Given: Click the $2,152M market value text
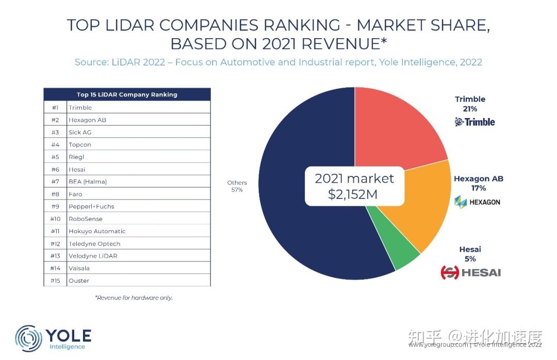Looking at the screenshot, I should (x=354, y=195).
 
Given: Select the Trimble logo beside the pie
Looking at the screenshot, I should (x=474, y=122).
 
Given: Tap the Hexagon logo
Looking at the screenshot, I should (x=477, y=202).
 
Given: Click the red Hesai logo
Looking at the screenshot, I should (x=470, y=272).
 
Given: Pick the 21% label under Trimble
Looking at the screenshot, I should (x=470, y=109).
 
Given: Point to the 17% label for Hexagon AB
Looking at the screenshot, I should (x=478, y=188).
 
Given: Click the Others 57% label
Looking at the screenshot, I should (x=237, y=186).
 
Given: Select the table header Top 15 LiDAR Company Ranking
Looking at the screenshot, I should (x=127, y=94).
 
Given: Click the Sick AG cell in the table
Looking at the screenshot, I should (x=80, y=132).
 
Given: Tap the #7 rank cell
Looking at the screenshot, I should (x=56, y=182).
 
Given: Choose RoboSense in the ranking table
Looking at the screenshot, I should (x=86, y=219).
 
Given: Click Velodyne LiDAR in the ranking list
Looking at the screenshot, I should (x=93, y=256).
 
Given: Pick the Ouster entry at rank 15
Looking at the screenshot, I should (x=79, y=281).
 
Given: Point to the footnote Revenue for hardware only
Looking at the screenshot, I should (x=134, y=298).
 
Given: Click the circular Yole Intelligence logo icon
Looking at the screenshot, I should (x=28, y=338).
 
